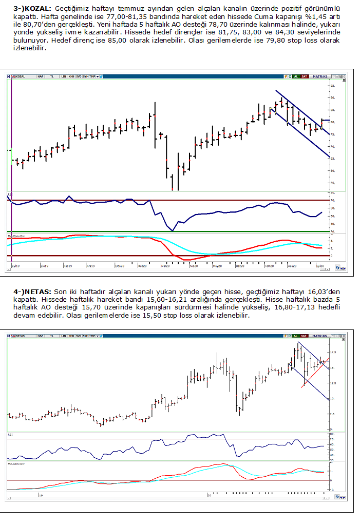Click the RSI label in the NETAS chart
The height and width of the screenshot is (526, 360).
11,434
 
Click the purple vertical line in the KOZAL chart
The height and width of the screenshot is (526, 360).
11,169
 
